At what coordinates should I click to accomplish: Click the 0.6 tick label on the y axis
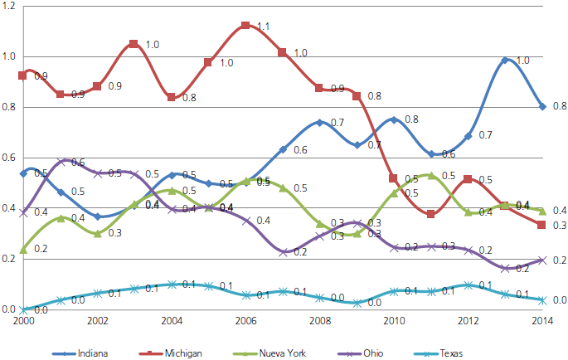pyautogui.click(x=10, y=158)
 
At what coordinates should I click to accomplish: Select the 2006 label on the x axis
pyautogui.click(x=245, y=321)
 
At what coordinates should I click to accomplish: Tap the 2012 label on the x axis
pyautogui.click(x=468, y=321)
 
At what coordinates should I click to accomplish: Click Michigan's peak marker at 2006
pyautogui.click(x=245, y=26)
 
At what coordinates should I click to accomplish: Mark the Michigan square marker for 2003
pyautogui.click(x=134, y=44)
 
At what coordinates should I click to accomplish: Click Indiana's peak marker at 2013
pyautogui.click(x=504, y=61)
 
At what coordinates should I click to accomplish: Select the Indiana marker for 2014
pyautogui.click(x=541, y=106)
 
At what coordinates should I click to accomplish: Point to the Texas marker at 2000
pyautogui.click(x=22, y=309)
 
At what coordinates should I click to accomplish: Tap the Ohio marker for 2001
pyautogui.click(x=60, y=163)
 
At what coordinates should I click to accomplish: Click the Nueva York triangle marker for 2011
pyautogui.click(x=430, y=176)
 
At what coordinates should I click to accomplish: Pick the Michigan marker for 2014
pyautogui.click(x=541, y=225)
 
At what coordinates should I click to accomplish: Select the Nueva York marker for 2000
pyautogui.click(x=22, y=249)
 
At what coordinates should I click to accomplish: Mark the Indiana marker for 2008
pyautogui.click(x=319, y=123)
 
